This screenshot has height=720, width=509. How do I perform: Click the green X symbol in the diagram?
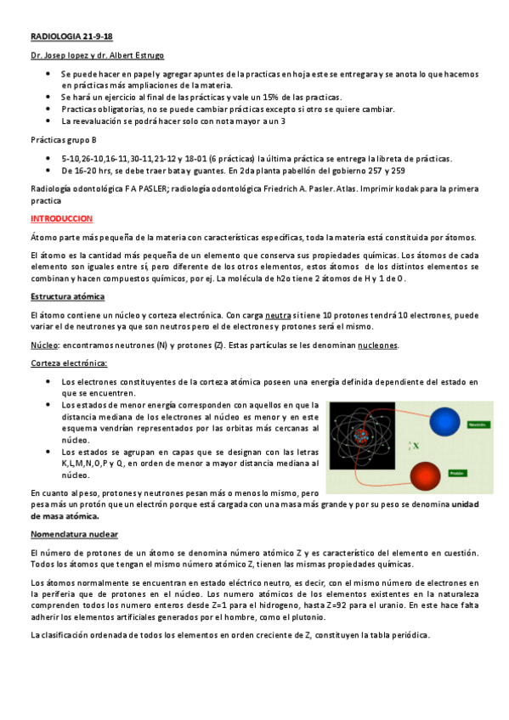416,444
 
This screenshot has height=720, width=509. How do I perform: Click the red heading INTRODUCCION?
60,218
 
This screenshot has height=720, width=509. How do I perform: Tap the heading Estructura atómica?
67,296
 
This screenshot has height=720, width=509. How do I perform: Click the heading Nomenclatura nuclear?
74,534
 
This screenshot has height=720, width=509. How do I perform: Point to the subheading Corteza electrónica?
69,363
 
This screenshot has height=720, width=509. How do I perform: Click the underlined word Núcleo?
43,346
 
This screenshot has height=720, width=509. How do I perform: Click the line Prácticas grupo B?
63,139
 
